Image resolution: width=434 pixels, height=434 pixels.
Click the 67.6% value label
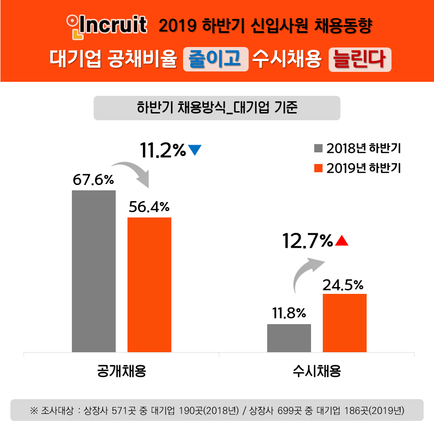(94, 180)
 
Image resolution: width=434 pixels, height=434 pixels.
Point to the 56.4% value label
(149, 207)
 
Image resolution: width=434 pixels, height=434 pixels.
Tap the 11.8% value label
(289, 313)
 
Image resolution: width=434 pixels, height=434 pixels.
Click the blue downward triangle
(195, 151)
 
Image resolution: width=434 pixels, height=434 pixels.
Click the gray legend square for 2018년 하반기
(318, 148)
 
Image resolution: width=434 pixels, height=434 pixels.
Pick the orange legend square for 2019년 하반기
(318, 168)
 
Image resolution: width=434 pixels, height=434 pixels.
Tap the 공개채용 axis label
(122, 371)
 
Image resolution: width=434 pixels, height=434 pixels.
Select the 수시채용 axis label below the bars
(316, 371)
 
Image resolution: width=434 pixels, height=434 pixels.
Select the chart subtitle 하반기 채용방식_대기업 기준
(217, 108)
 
